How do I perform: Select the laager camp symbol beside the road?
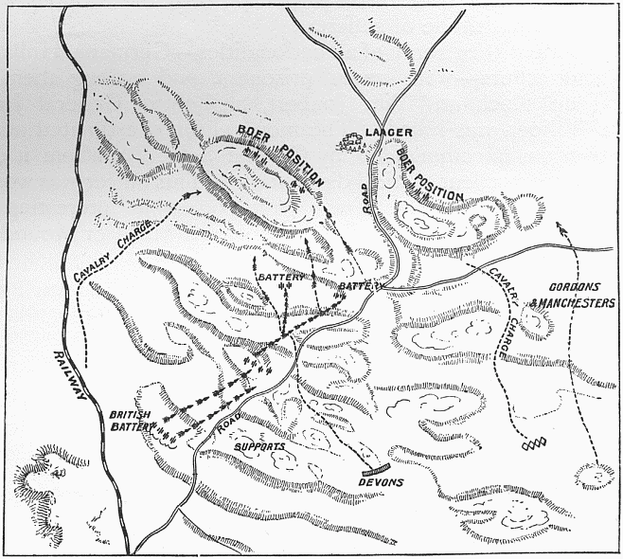[x=351, y=141]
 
